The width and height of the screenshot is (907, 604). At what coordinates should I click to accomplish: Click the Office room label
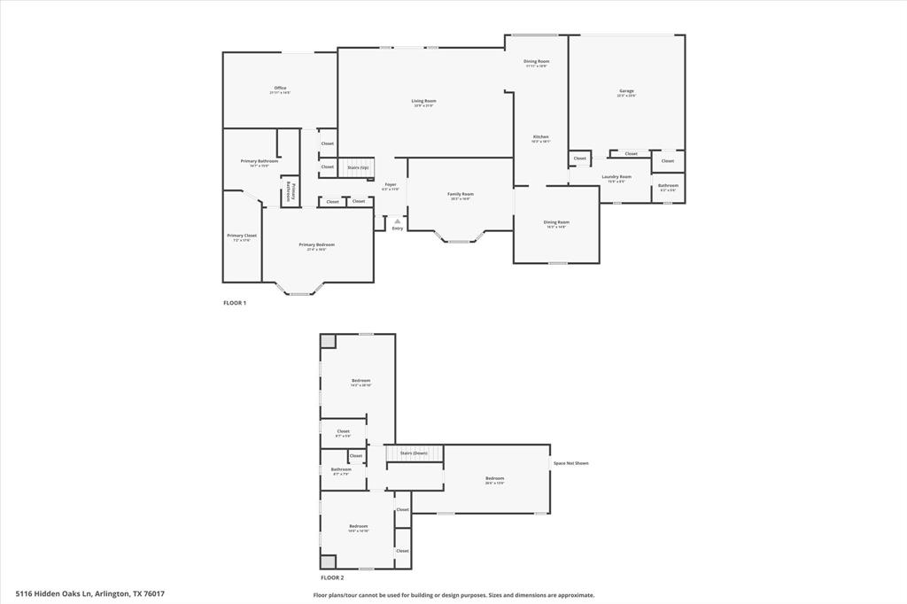coord(280,89)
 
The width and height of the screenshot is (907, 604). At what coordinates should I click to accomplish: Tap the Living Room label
coord(423,101)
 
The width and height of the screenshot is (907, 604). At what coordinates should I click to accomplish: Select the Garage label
coord(626,91)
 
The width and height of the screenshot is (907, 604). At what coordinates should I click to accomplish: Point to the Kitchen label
coord(540,137)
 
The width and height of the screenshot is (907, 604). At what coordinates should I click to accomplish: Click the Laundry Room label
coord(616,177)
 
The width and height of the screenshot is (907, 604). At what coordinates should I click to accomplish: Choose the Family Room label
coord(460,194)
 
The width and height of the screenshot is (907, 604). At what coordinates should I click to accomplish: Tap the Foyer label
coord(390,184)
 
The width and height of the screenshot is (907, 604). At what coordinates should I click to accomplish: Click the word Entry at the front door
coord(398,228)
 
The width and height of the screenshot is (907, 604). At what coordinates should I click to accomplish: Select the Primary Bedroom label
coord(316,245)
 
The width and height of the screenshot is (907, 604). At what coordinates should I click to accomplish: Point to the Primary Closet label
coord(242,236)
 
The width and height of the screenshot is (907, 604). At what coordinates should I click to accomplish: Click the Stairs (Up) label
coord(358,166)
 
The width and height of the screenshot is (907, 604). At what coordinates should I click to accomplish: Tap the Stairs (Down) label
coord(414,453)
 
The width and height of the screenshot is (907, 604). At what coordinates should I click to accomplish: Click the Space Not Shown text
coord(570,463)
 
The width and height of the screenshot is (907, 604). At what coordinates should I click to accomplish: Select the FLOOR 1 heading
coord(235,303)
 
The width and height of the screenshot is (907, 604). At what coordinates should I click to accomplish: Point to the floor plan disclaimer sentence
coord(453,595)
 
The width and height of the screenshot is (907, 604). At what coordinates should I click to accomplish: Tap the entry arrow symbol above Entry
coord(398,221)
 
